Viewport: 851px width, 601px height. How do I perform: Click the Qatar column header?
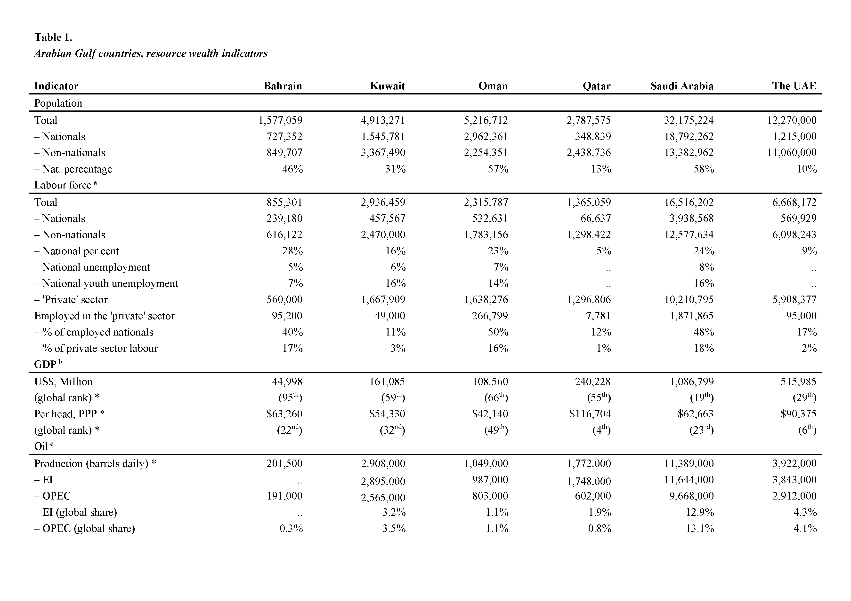596,86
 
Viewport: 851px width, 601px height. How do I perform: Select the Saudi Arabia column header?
682,86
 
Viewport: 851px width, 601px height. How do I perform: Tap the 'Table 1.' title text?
53,37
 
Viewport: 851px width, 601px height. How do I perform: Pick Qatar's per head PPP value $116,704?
590,414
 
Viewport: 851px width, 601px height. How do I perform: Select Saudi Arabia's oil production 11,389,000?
689,464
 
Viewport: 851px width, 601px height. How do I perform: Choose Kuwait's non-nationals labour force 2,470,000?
383,235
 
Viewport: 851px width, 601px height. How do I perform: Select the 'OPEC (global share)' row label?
84,528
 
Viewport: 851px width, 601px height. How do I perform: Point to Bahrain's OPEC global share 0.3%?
291,528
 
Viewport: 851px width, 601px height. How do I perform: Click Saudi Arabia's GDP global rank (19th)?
702,397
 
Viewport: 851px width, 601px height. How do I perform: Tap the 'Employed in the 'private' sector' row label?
104,316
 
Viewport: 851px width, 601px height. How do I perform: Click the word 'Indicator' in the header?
56,86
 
